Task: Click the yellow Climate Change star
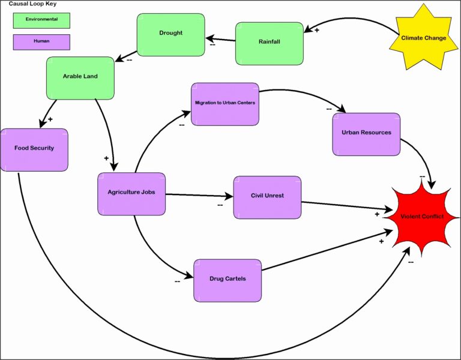(x=423, y=38)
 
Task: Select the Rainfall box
(x=269, y=43)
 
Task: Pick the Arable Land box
(x=80, y=77)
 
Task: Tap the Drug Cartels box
(x=227, y=280)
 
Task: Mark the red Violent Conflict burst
(x=423, y=217)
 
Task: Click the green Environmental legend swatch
(x=41, y=20)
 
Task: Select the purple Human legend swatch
(x=41, y=42)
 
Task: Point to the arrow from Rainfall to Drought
(x=220, y=41)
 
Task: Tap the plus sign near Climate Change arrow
(x=317, y=29)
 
